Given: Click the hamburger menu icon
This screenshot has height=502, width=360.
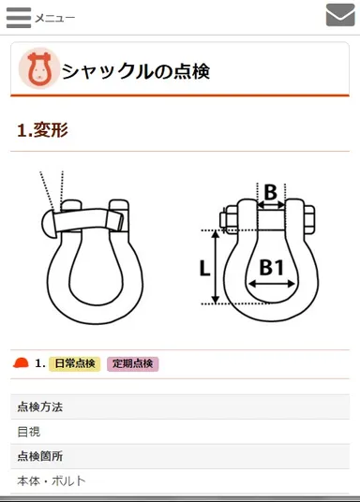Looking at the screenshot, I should tap(19, 17).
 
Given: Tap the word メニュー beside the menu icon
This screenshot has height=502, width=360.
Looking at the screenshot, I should tap(55, 18).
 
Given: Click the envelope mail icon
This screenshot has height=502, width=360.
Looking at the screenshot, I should tap(339, 16).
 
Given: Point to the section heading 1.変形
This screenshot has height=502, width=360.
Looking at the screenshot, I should tap(43, 130).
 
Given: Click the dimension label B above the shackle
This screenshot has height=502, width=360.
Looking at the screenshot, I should tap(270, 193).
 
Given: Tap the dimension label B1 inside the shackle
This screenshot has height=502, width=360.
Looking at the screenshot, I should tap(271, 268).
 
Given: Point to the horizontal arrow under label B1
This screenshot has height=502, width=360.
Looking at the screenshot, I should tap(271, 283).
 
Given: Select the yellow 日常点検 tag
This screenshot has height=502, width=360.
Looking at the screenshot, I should tap(75, 363).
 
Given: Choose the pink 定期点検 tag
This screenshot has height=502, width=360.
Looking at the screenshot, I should tap(133, 363).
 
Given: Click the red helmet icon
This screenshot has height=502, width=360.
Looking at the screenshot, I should tap(21, 363).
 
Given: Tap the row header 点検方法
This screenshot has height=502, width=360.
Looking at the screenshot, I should tap(40, 407).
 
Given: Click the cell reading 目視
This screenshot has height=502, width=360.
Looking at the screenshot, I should tap(29, 432).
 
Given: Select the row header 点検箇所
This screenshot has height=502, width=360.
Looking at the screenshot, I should tap(40, 456).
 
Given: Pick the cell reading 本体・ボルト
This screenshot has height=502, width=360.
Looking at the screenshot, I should tap(52, 480).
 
